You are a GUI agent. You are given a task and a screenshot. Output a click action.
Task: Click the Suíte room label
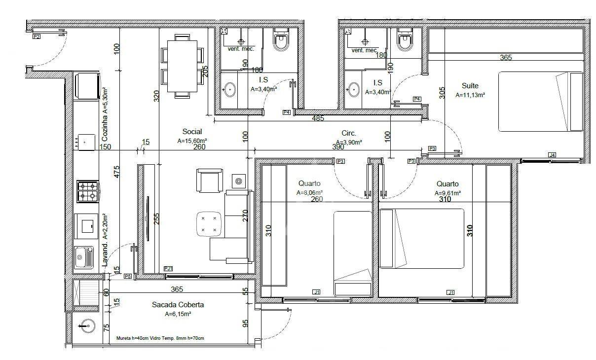(470, 85)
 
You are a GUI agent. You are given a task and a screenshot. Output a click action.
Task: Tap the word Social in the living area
(192, 132)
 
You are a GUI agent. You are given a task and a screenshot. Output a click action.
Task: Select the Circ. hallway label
(349, 133)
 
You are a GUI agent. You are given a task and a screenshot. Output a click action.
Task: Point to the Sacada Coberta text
(178, 305)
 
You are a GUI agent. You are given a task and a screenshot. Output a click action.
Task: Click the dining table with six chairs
(182, 64)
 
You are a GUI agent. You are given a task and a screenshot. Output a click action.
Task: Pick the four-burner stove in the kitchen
(88, 191)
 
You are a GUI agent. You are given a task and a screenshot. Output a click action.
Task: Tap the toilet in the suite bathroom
(405, 42)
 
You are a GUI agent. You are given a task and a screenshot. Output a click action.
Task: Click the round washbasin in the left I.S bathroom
(230, 90)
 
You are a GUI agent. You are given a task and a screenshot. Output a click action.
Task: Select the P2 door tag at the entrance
(37, 36)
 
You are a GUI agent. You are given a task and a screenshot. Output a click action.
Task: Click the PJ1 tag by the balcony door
(168, 268)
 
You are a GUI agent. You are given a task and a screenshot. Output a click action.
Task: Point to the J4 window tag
(552, 155)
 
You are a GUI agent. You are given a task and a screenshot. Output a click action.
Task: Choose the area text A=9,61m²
(447, 193)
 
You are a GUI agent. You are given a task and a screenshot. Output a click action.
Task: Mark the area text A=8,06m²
(309, 193)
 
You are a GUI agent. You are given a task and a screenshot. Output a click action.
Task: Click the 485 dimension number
(319, 118)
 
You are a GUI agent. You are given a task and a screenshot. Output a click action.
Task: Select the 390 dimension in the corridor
(338, 147)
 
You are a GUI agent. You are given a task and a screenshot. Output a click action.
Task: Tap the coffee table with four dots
(209, 223)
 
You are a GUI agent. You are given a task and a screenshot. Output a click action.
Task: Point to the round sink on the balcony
(87, 325)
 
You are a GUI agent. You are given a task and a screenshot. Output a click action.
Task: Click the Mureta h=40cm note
(160, 338)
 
